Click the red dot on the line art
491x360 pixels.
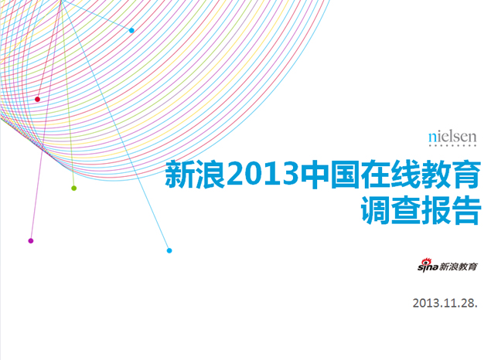point(37,99)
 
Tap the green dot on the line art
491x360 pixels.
point(74,188)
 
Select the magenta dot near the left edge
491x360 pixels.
point(31,241)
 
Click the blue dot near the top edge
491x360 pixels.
point(131,30)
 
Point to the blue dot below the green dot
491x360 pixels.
point(169,250)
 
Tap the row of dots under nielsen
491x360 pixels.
point(452,146)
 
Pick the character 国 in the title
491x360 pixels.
point(343,176)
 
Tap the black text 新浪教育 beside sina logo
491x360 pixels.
point(458,267)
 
